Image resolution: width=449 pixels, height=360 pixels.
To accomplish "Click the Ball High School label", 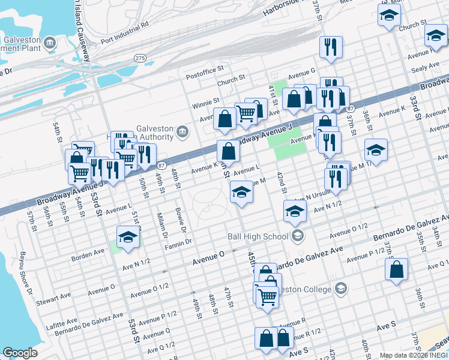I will click(x=258, y=236).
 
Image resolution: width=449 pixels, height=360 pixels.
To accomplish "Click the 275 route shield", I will click(x=140, y=58).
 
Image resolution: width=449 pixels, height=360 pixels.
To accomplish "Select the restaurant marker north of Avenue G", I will click(x=331, y=47).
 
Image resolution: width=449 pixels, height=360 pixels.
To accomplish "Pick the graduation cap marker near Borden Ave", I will click(x=127, y=237).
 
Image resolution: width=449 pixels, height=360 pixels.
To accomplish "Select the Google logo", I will click(x=20, y=352).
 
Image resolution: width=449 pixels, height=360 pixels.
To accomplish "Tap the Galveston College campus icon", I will click(x=341, y=289).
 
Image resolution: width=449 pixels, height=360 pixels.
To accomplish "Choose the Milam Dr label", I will click(x=161, y=225).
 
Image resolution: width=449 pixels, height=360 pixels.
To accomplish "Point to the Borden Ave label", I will click(x=88, y=256).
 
